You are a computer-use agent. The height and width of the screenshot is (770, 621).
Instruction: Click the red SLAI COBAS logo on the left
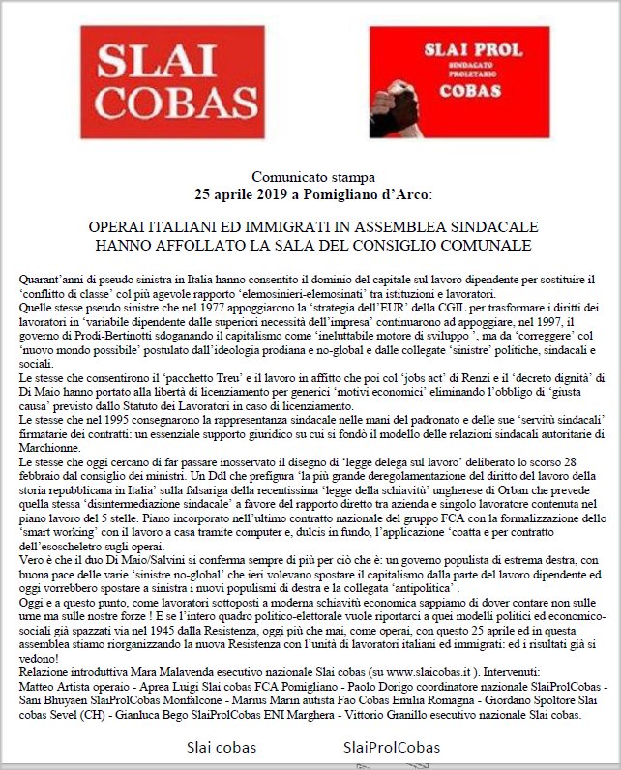tap(170, 83)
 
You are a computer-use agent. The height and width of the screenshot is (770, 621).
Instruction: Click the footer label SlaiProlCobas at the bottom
tap(391, 747)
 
